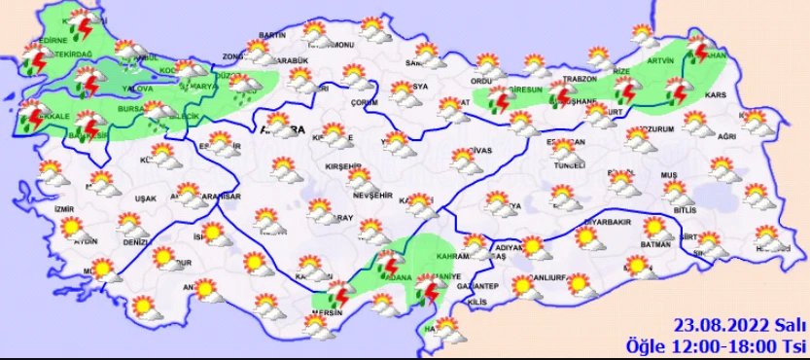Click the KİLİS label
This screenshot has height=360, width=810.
[x=475, y=305]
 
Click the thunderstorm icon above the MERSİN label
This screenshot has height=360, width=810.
[x=339, y=296]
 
